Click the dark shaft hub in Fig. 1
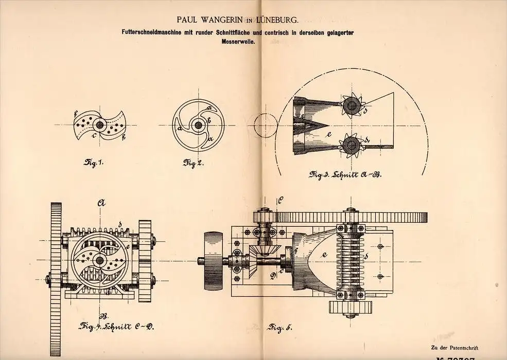(x=99, y=125)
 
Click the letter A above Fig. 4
(x=99, y=203)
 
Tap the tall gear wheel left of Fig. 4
(x=56, y=262)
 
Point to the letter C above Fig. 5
(x=281, y=200)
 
